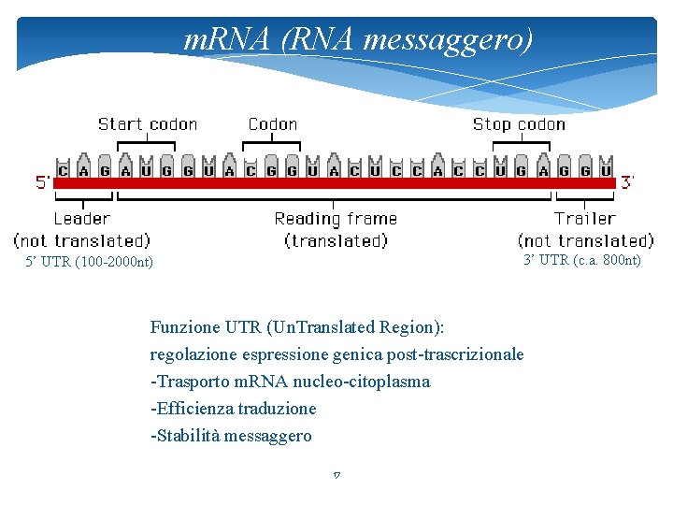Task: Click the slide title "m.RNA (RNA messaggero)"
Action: point(359,39)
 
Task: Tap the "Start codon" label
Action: point(148,124)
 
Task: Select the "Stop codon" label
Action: point(519,124)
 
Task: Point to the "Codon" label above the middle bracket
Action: point(272,124)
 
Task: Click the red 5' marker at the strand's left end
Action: point(43,181)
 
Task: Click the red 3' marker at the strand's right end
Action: point(630,181)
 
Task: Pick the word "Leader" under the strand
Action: point(81,219)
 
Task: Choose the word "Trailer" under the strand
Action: point(584,219)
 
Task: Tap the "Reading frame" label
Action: point(336,219)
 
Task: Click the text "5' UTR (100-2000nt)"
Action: point(90,263)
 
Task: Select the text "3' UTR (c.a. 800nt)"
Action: point(582,260)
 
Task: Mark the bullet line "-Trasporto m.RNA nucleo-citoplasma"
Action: point(290,382)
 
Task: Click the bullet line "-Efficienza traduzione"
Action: point(233,409)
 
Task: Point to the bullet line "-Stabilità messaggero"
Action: point(231,436)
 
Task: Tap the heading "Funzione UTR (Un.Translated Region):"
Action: point(297,327)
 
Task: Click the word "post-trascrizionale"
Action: point(457,354)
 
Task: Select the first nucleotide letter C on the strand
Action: point(63,170)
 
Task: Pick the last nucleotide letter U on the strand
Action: point(606,170)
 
